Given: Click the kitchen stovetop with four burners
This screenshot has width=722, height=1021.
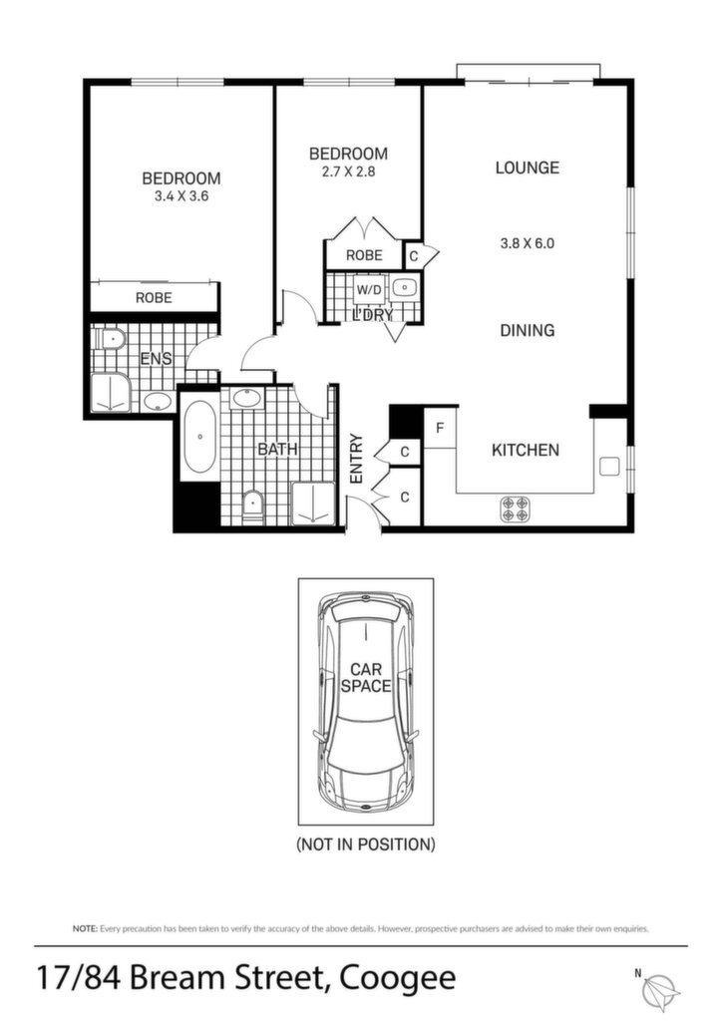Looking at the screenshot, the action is [x=515, y=509].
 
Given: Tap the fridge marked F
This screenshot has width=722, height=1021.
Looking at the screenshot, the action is [x=440, y=428].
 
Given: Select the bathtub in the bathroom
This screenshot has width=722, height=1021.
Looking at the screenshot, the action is [x=199, y=437].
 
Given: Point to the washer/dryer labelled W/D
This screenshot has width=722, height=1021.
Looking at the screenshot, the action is [x=369, y=290].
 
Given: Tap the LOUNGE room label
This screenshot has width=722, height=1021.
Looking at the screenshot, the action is [x=528, y=168].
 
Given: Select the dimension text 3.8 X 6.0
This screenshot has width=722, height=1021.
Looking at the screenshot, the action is [x=528, y=243].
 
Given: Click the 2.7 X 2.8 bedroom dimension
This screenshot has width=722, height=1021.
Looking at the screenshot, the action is [x=348, y=171].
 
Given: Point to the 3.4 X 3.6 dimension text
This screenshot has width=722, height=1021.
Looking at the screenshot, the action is [x=180, y=196].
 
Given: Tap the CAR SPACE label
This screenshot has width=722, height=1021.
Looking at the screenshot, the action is [x=366, y=677].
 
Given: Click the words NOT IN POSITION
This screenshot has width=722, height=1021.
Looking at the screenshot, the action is [x=366, y=845].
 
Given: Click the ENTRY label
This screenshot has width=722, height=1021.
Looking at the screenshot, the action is [x=356, y=459].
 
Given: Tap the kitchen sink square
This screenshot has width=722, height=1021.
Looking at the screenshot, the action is [x=608, y=466].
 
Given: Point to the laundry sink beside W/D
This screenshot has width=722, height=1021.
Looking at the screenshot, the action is [x=404, y=286].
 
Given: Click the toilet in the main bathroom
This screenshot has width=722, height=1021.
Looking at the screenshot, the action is [x=252, y=506].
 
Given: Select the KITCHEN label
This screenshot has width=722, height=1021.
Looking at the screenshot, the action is [x=526, y=450].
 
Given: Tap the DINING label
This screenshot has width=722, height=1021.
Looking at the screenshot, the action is [x=528, y=330].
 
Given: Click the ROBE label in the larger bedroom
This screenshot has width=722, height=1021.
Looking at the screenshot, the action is [x=154, y=297].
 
